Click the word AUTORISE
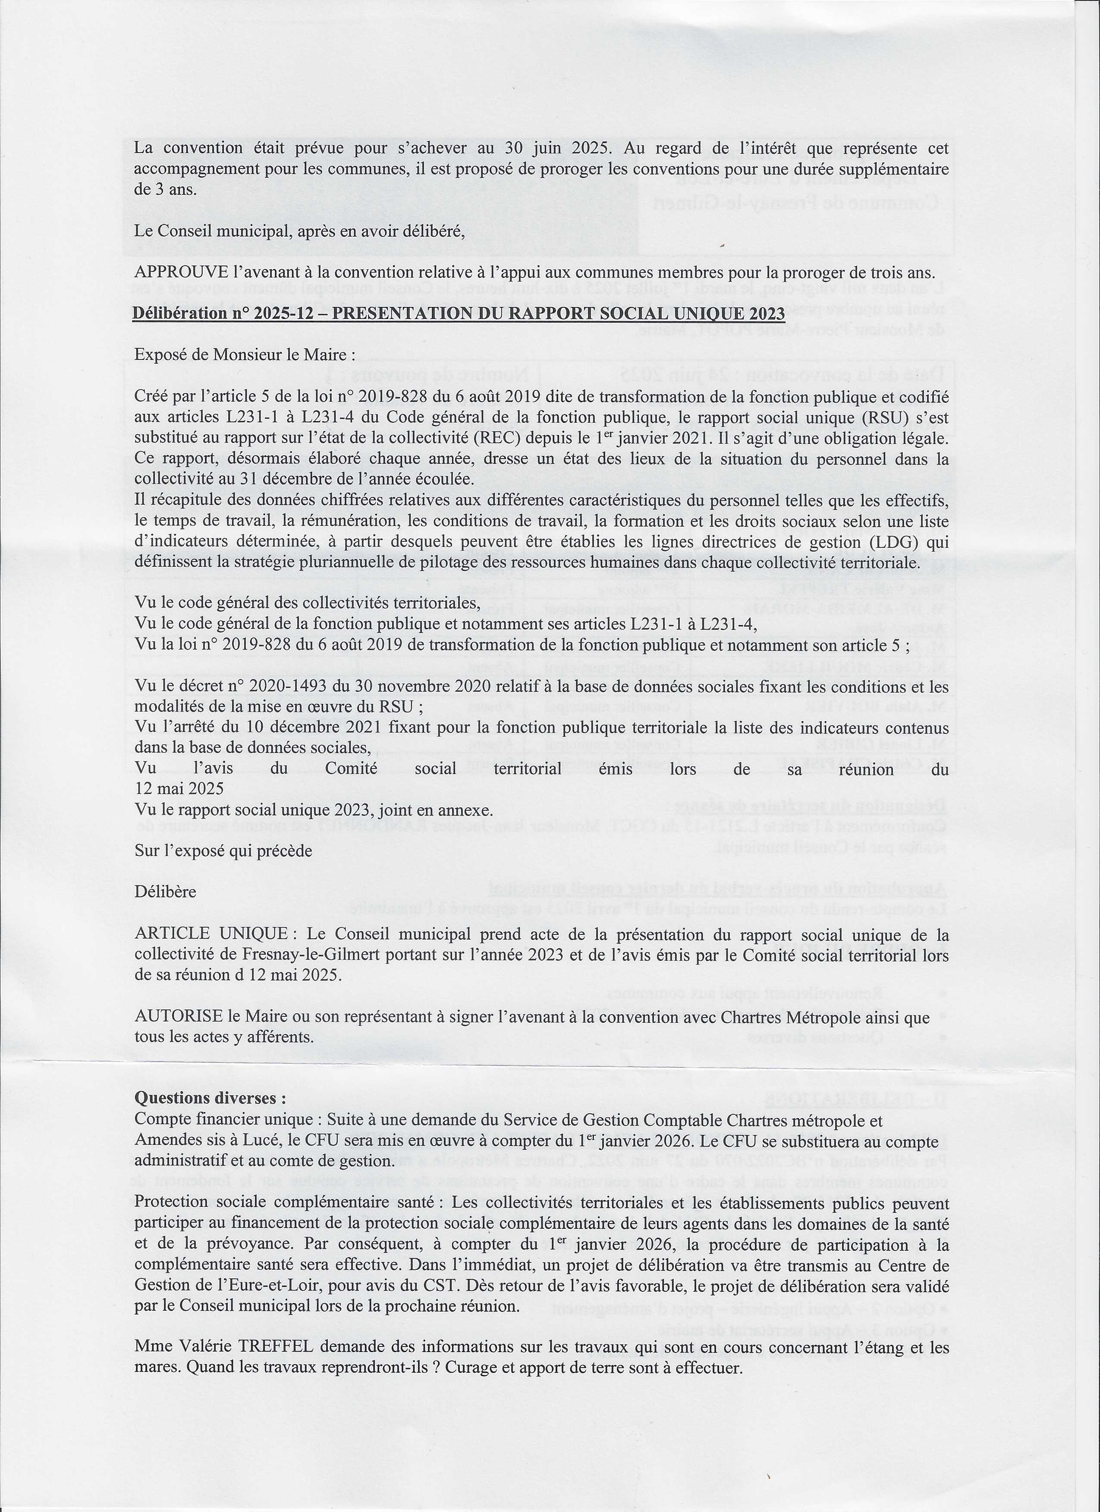pyautogui.click(x=178, y=1018)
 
